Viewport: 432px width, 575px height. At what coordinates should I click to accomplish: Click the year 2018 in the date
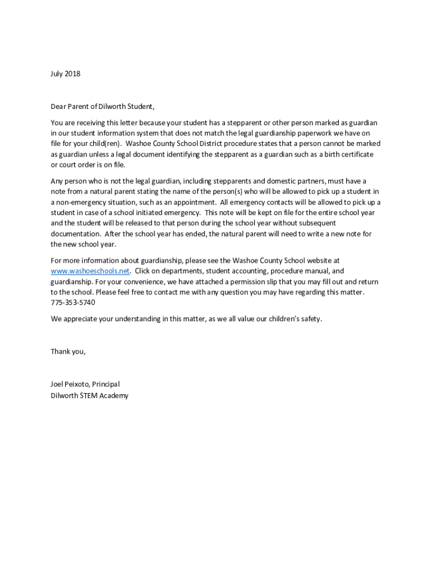tap(72, 74)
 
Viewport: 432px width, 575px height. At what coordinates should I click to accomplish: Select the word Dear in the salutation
tap(59, 106)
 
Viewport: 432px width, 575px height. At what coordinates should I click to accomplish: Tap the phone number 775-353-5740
tap(73, 303)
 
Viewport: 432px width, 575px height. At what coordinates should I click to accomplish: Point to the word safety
tap(310, 319)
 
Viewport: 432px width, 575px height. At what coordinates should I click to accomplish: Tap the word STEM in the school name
tap(91, 395)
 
